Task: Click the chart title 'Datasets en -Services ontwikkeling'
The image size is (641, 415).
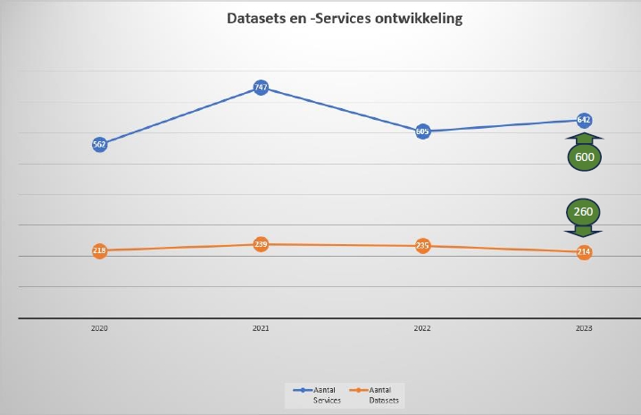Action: point(344,18)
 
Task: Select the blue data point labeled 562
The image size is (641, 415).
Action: point(99,145)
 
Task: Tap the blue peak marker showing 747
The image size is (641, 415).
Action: point(261,88)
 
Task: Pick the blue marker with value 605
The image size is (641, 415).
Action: point(422,131)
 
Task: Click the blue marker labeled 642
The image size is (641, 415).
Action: point(584,120)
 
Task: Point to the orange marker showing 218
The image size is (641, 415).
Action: point(99,251)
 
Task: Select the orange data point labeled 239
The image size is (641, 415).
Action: point(261,244)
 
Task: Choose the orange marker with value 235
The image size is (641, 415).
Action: point(422,246)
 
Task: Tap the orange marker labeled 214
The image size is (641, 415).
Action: point(584,252)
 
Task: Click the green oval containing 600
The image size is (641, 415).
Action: point(584,157)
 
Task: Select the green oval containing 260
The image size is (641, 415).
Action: point(584,213)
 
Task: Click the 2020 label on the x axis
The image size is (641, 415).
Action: point(99,329)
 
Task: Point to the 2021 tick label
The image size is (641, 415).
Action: point(261,329)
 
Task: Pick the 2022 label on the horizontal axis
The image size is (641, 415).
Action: point(422,329)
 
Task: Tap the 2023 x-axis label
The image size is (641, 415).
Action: point(584,329)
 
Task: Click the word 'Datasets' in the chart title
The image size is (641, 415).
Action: point(257,18)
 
